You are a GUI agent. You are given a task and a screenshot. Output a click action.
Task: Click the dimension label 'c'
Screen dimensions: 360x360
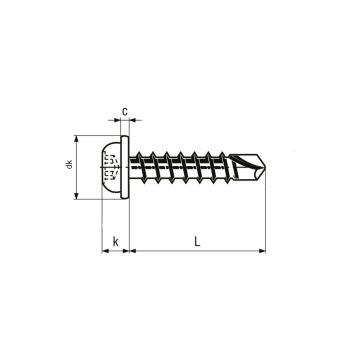(x=125, y=111)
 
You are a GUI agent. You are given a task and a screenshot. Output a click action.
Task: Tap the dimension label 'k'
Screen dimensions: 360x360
(x=116, y=242)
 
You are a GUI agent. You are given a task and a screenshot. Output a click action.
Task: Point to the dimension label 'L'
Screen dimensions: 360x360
(x=199, y=241)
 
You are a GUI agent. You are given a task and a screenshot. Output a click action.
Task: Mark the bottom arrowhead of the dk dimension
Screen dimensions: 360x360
(x=76, y=199)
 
